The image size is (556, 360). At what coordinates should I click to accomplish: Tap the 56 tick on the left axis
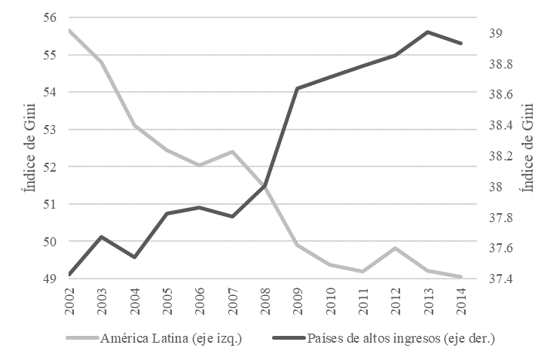52,18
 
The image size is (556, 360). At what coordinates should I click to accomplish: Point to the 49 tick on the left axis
52,279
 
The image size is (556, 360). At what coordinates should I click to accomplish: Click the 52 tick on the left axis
52,167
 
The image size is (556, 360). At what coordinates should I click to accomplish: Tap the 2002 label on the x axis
70,299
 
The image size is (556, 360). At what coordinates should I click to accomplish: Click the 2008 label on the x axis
264,299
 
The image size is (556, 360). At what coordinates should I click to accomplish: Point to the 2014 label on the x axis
460,299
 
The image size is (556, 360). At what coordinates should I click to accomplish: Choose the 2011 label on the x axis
362,299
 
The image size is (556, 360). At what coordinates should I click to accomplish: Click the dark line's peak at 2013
427,32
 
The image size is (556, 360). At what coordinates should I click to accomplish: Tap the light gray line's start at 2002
69,30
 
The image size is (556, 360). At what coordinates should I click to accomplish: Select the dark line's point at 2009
298,88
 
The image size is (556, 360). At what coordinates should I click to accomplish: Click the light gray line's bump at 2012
395,248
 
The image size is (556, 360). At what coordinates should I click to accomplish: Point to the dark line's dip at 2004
134,257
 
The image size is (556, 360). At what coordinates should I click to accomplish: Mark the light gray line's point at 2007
232,151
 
